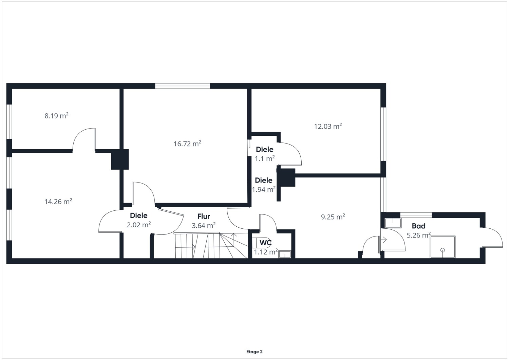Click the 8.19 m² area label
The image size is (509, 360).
coord(56,116)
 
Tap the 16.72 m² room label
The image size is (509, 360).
coord(187,144)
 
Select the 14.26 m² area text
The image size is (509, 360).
coord(58,202)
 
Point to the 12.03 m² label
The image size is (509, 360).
coord(328,126)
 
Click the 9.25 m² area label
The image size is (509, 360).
coord(333,217)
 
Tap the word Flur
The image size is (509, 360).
coord(204,216)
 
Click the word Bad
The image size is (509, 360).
coord(418,226)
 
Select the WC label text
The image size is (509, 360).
coord(265,243)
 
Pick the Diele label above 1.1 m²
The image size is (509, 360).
coord(264,149)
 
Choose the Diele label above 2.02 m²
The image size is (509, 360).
coord(138,215)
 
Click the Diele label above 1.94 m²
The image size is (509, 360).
coord(264,180)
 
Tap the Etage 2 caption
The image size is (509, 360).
coord(254,352)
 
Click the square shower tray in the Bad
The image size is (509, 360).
coord(442,247)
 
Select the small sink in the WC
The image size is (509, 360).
coord(285,254)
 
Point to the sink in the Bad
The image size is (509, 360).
coord(393,223)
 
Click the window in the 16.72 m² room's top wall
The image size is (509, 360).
coord(183,86)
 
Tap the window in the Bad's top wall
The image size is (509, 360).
coord(416,215)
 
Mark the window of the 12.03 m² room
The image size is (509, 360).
coord(383,134)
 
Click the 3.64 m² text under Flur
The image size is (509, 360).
coord(204,226)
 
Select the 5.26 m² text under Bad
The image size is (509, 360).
coord(418,235)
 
